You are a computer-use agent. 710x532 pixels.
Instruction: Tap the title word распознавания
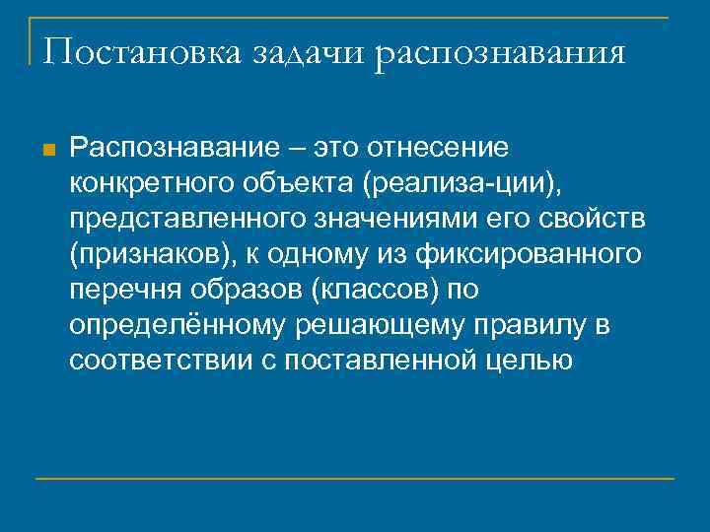[499, 53]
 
